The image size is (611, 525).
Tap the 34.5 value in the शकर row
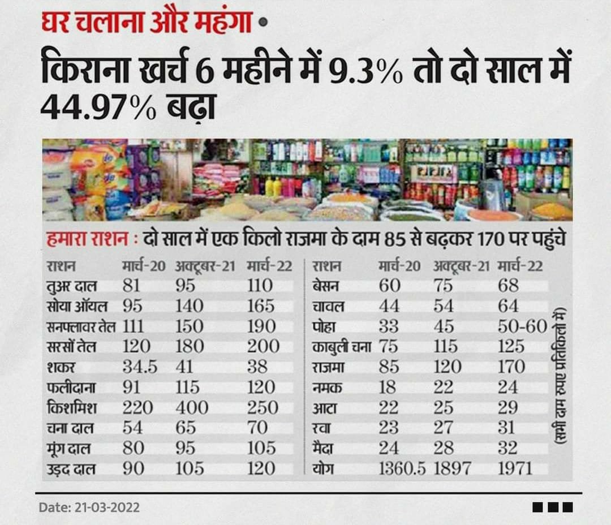coord(140,367)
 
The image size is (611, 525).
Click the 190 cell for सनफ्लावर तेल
coord(261,326)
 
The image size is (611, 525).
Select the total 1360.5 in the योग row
coord(402,468)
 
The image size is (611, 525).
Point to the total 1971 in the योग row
coord(515,468)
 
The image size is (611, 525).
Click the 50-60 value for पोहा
coord(522,326)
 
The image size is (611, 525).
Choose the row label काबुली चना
coord(341,347)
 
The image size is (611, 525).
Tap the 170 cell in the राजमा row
coord(511,367)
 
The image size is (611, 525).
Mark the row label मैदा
coord(325,448)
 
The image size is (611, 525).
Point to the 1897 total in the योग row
coord(456,468)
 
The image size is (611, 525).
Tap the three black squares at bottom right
coord(553,507)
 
